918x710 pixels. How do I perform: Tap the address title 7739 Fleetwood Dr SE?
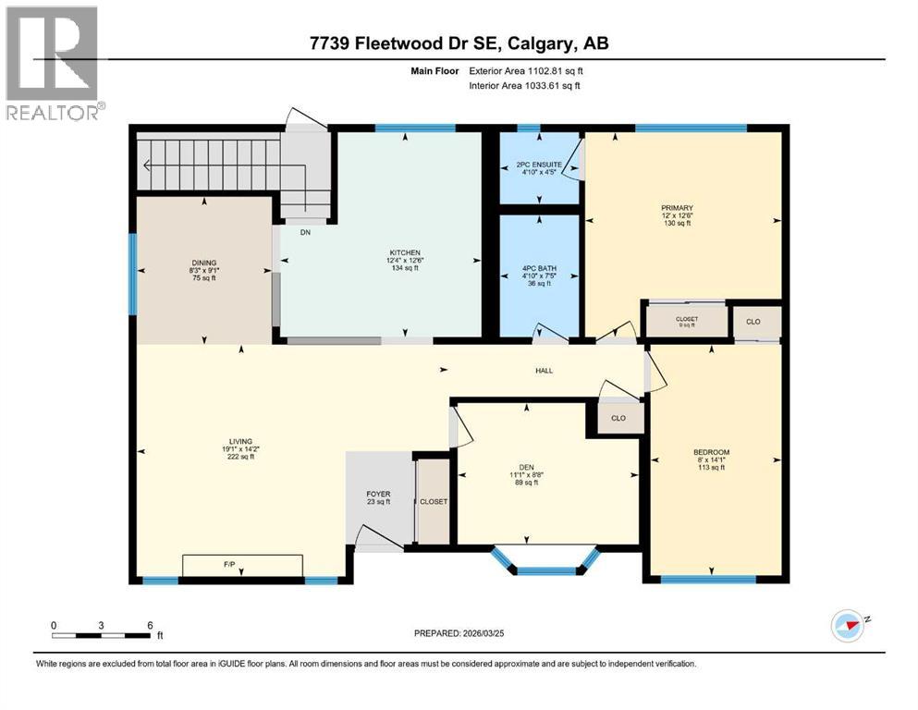click(x=459, y=43)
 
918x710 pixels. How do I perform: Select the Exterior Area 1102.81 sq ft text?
click(x=524, y=70)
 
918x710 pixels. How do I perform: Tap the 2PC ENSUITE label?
click(x=538, y=166)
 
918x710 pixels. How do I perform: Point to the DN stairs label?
click(x=305, y=233)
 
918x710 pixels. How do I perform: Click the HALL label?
click(x=544, y=370)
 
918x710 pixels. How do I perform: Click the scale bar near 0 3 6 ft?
click(x=102, y=635)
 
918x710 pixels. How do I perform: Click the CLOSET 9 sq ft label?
click(x=686, y=321)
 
